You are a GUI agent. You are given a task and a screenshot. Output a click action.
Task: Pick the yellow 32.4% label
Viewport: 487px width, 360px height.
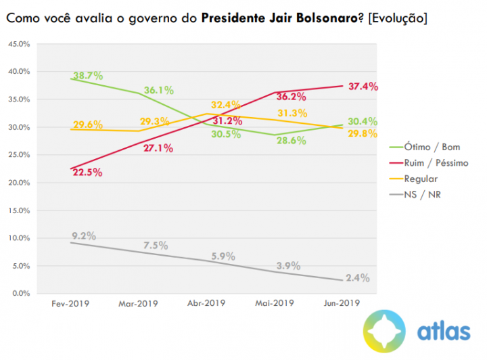pyautogui.click(x=225, y=105)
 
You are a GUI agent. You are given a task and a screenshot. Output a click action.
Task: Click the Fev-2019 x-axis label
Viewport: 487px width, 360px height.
pyautogui.click(x=71, y=305)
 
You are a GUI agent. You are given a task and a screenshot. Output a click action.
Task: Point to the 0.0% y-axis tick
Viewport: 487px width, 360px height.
pyautogui.click(x=21, y=294)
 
